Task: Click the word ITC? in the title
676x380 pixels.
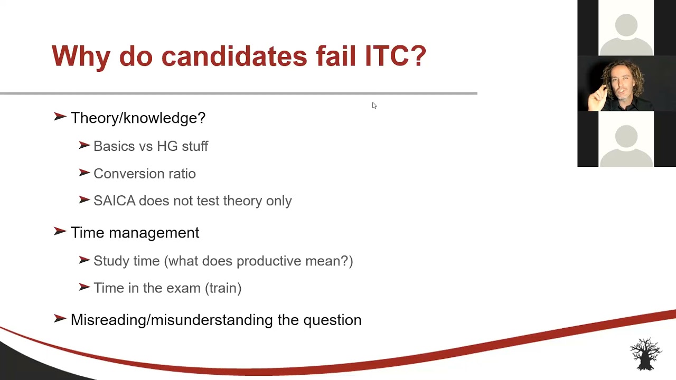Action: point(395,56)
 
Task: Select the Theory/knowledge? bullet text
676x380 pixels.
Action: point(138,118)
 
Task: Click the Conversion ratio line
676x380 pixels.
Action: point(144,174)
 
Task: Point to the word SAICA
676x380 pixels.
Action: point(114,201)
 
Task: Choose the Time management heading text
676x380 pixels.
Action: point(135,233)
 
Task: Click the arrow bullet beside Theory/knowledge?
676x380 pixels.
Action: point(60,117)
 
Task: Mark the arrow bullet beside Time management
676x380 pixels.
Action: point(60,232)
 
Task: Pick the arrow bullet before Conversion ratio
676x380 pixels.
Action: point(84,173)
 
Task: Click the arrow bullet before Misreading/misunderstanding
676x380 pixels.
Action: point(60,319)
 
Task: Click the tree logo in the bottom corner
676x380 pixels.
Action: point(645,354)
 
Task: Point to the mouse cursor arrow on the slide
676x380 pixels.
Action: point(374,106)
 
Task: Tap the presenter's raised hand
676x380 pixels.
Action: point(597,97)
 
